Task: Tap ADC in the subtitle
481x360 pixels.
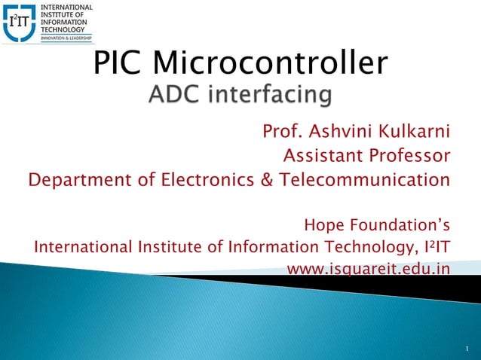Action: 175,96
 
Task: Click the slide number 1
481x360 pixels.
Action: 467,349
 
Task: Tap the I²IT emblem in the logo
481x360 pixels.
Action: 18,22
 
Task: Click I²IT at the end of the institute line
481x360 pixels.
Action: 434,246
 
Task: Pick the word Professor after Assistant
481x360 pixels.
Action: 412,157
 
